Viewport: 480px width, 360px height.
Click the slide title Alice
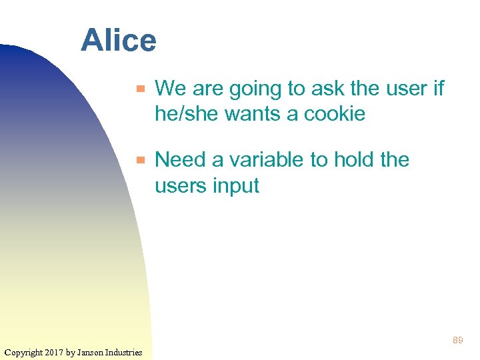[119, 41]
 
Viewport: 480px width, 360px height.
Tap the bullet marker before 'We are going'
[140, 89]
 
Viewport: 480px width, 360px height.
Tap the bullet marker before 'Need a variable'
[140, 161]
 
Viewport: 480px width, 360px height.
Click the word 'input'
[235, 187]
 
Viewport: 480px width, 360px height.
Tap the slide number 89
[457, 341]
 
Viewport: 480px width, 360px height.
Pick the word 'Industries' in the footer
[124, 352]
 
